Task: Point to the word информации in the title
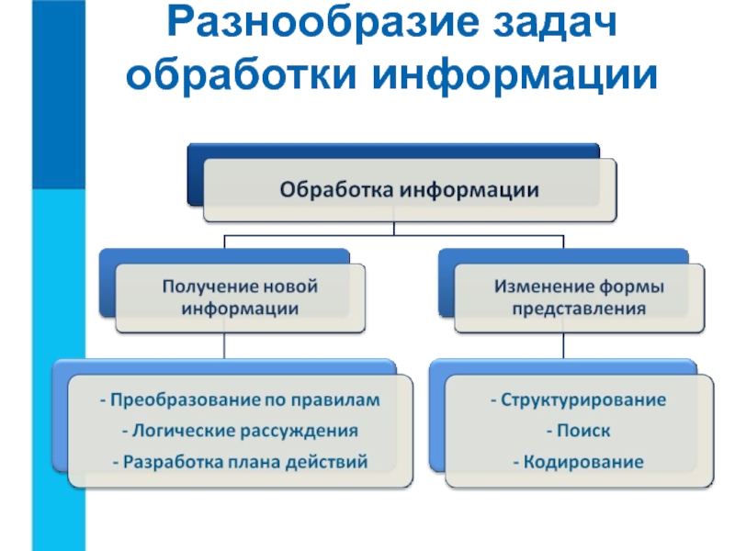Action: tap(515, 75)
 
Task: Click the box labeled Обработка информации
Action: tap(410, 190)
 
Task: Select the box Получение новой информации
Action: tap(240, 298)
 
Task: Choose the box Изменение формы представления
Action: tap(580, 298)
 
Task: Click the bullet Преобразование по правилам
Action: tap(240, 399)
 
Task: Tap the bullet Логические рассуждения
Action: tap(240, 431)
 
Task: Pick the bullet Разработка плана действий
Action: tap(240, 462)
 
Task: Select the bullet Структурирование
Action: tap(579, 400)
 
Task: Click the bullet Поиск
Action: tap(579, 431)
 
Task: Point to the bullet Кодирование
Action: tap(579, 462)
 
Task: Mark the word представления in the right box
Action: tap(579, 309)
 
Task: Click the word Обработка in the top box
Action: tap(336, 190)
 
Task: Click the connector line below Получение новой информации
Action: tap(224, 346)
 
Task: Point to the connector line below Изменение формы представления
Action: tap(563, 346)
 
